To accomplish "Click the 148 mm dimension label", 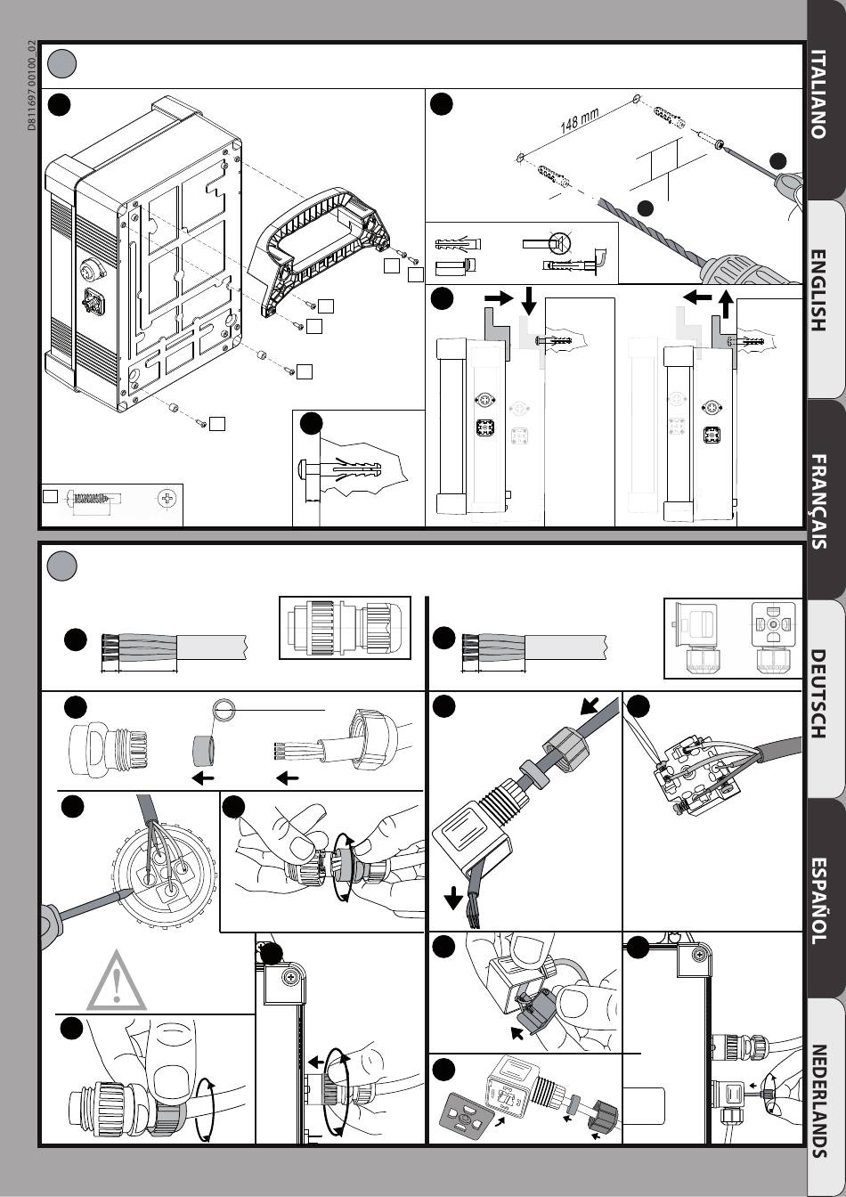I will point(579,120).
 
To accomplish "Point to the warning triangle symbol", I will point(116,980).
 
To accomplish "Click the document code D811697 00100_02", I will point(31,85).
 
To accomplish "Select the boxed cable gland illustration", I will point(346,628).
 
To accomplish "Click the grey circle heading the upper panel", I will point(61,63).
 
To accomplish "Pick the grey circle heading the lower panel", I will point(61,566).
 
